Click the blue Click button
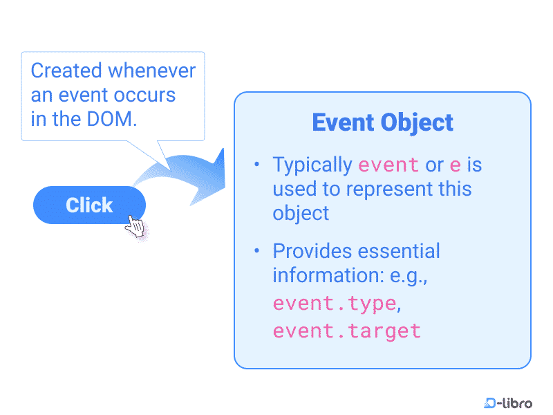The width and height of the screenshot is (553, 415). coord(89,205)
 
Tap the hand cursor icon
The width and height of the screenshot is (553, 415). coord(135,226)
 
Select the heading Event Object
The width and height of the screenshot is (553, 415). coord(383,123)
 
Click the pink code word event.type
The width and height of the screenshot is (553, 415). coord(335,304)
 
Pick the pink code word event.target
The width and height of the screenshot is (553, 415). coord(347,331)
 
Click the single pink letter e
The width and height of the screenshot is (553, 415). coord(456,165)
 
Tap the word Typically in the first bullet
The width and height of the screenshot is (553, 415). coord(312,165)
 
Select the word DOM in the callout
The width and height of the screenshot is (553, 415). coord(109,119)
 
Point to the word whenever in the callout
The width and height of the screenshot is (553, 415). coord(152,71)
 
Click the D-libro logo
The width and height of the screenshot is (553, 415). coord(508,403)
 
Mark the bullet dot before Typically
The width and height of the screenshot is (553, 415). coord(256,164)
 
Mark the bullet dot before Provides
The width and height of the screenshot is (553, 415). coord(256,250)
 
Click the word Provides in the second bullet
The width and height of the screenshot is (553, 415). coord(312,251)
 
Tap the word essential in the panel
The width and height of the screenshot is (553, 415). coord(399,251)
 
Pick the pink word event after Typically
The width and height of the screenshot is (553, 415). coord(388,165)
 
